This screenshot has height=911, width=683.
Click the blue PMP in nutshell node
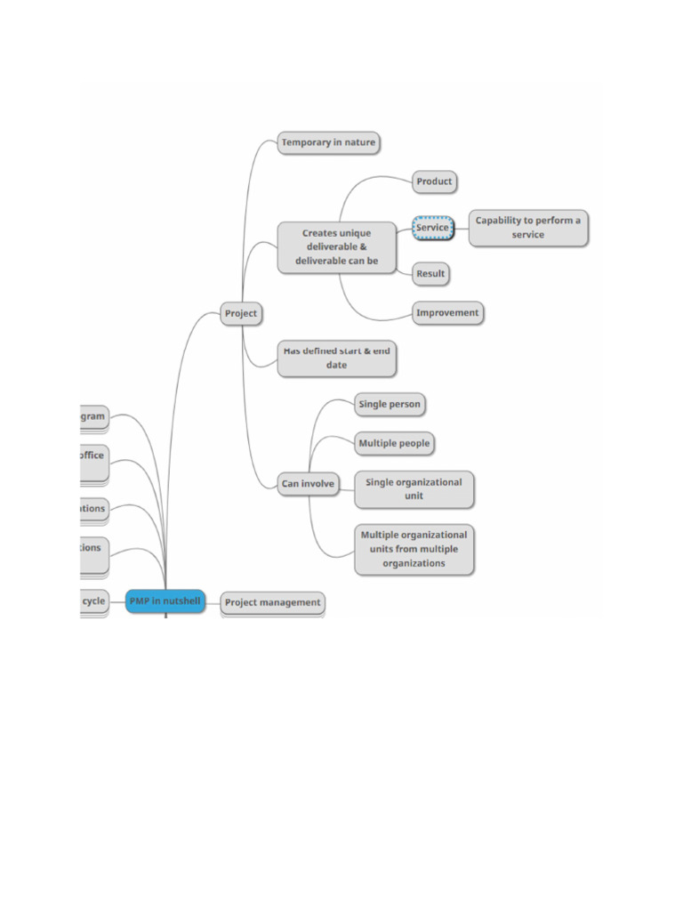point(165,601)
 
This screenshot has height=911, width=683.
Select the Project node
point(241,313)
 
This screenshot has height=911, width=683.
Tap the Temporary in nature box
point(328,142)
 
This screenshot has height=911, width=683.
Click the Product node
point(435,181)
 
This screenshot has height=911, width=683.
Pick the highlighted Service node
point(433,228)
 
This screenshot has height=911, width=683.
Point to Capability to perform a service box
point(528,228)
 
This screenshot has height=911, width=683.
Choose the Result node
point(430,274)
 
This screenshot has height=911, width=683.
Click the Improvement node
point(447,313)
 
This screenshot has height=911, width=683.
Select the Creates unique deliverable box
point(337,247)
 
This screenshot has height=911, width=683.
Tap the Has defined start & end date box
point(336,359)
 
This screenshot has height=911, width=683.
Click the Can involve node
point(308,485)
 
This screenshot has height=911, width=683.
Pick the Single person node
point(390,405)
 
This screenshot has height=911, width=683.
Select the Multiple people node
point(394,443)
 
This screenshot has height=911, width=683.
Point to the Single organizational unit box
point(414,489)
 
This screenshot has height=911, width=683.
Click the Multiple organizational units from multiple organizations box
point(414,549)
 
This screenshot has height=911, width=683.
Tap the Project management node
point(272,603)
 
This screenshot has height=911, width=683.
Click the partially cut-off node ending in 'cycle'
point(93,601)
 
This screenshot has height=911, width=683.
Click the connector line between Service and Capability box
point(462,228)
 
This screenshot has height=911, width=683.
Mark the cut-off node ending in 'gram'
point(92,416)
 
